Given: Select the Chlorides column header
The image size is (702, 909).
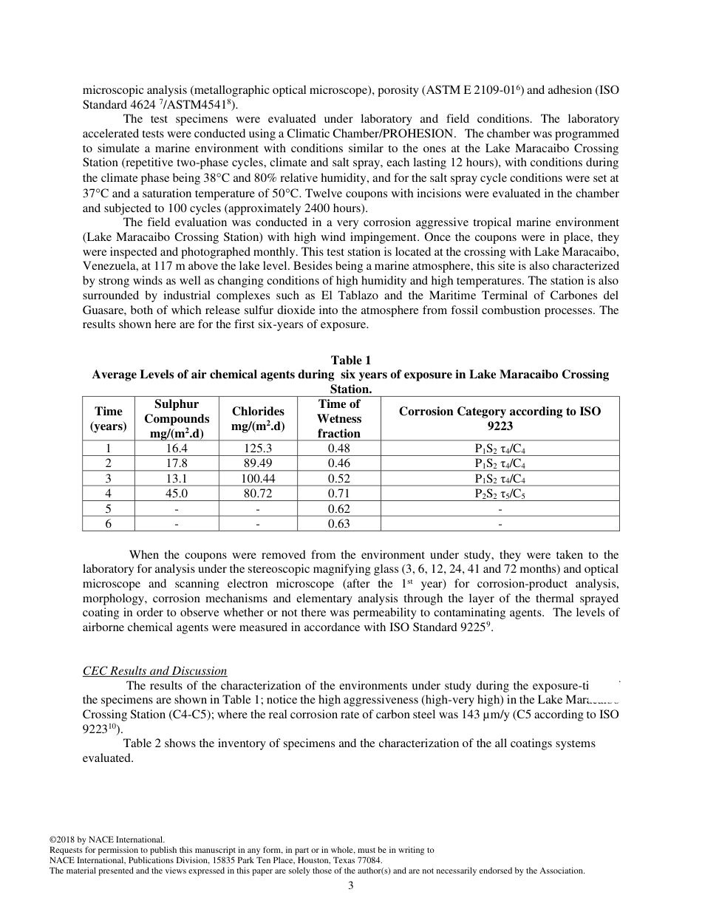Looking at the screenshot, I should tap(258, 418).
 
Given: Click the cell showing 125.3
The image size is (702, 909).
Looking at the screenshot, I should tap(258, 448).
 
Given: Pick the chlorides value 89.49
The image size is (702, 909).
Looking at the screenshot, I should tap(258, 463).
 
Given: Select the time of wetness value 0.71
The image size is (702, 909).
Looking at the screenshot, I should tap(338, 494).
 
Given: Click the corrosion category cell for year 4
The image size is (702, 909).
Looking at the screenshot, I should tap(500, 494).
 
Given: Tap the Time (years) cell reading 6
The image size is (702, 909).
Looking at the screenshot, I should tap(108, 524).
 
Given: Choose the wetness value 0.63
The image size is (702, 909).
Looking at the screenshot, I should tap(338, 524).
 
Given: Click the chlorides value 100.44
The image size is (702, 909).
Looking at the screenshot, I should tap(258, 478).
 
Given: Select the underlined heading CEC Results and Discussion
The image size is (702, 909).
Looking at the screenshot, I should tap(154, 671).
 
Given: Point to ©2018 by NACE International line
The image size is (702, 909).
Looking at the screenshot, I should tap(106, 840).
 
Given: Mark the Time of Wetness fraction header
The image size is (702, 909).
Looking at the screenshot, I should tap(338, 418).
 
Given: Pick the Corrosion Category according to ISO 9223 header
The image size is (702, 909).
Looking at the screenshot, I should tap(500, 418).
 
